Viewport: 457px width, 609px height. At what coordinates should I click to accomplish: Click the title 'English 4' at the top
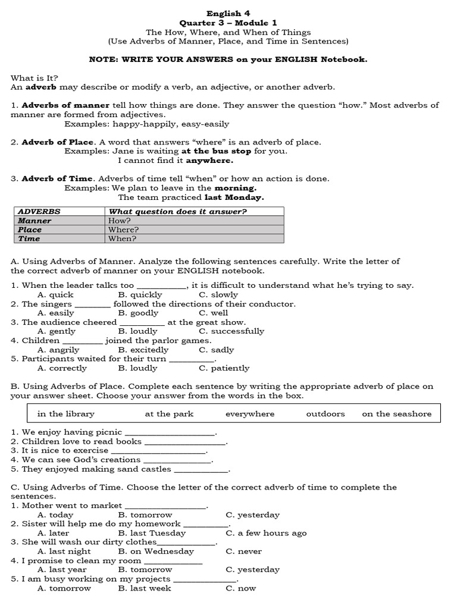pos(224,13)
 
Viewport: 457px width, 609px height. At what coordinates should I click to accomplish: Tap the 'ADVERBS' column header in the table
pos(39,211)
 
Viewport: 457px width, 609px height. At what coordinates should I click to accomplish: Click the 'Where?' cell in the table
pos(123,230)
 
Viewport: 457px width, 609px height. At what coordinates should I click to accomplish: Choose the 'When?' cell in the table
pos(122,238)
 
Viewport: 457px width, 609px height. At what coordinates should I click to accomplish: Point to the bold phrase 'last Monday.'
pos(234,197)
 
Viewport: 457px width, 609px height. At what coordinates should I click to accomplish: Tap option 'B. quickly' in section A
pos(140,294)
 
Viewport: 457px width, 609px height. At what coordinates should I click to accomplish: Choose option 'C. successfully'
pos(231,331)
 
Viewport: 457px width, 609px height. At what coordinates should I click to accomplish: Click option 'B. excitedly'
pos(143,350)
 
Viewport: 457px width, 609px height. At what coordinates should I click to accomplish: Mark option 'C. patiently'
pos(224,368)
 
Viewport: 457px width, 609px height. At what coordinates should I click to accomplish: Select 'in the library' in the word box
pos(65,414)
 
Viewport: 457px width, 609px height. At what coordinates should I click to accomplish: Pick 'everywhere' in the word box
pos(250,414)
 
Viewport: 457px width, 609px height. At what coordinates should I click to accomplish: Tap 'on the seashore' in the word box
pos(396,414)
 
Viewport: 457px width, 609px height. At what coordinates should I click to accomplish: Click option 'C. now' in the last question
pos(240,588)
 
